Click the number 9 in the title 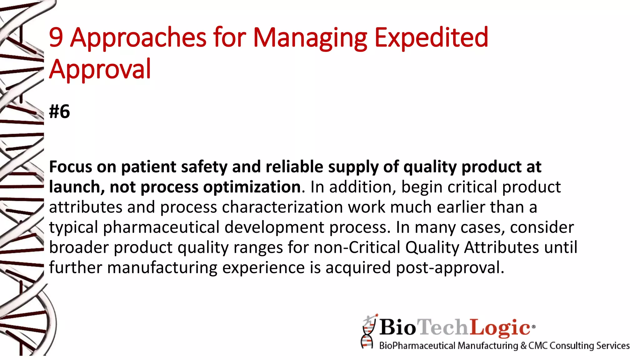pyautogui.click(x=56, y=37)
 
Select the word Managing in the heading pyautogui.click(x=310, y=38)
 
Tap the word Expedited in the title pyautogui.click(x=431, y=38)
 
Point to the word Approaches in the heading pyautogui.click(x=138, y=38)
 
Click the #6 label pyautogui.click(x=59, y=112)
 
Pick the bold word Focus pyautogui.click(x=71, y=167)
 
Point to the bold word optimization pyautogui.click(x=252, y=187)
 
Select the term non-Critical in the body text pyautogui.click(x=357, y=247)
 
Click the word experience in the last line pyautogui.click(x=263, y=268)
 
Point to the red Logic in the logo pyautogui.click(x=500, y=327)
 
